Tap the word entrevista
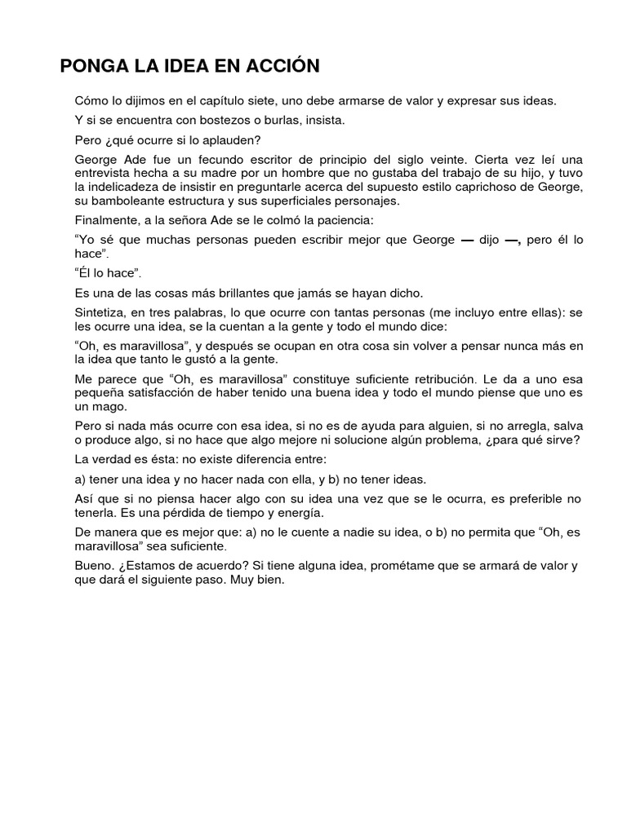(103, 174)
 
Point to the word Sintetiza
(101, 312)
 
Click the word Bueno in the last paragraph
(91, 566)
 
